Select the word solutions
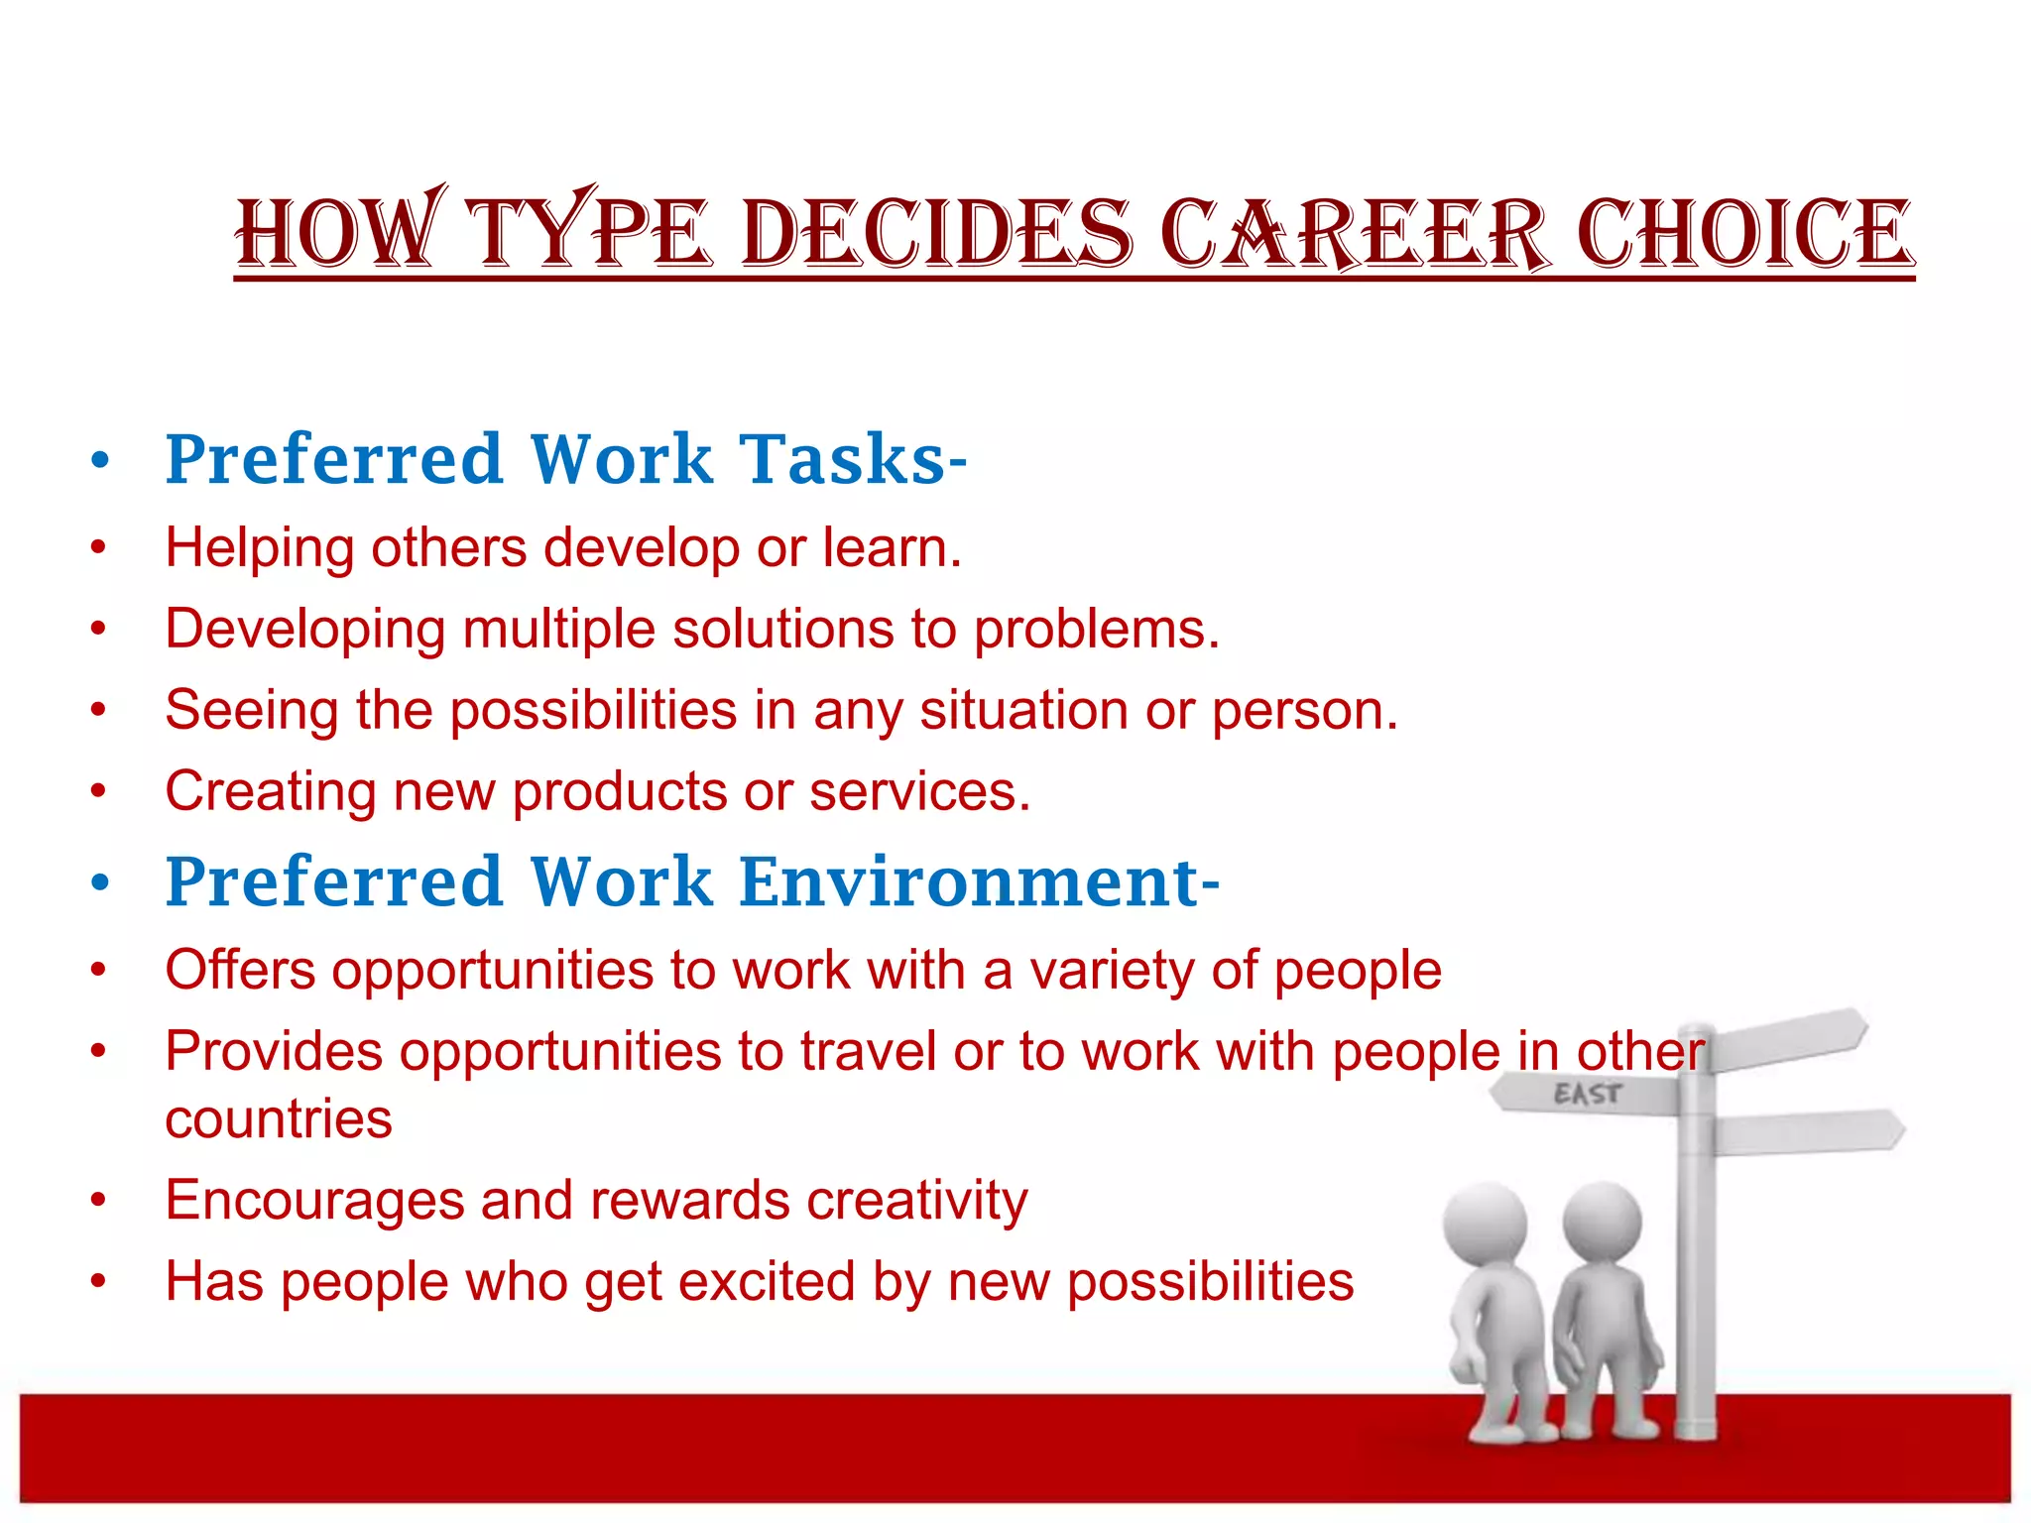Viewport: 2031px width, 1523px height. coord(783,630)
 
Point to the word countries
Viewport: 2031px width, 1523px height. coord(279,1120)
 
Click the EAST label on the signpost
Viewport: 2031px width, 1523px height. coord(1587,1095)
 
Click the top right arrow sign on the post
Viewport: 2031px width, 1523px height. coord(1790,1039)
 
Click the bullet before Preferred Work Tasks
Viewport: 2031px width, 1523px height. coord(98,460)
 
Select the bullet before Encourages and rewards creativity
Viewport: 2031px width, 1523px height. coord(98,1202)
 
